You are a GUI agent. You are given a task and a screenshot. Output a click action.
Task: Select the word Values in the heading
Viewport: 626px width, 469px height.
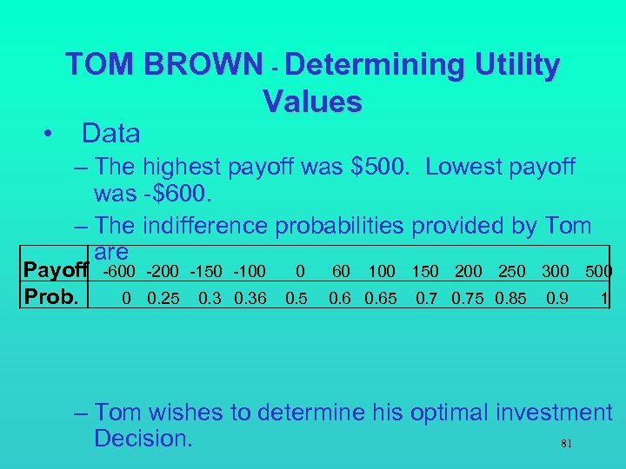point(312,102)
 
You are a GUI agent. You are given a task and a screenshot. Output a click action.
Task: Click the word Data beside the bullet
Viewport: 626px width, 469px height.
point(110,134)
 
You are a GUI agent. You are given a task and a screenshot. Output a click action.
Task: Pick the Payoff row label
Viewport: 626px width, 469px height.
point(56,273)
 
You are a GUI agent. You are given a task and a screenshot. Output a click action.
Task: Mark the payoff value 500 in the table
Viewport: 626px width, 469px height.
point(598,273)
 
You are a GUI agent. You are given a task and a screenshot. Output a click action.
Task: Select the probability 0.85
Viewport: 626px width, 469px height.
point(510,299)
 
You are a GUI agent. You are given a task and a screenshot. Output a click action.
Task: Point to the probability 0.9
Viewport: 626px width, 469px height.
point(556,299)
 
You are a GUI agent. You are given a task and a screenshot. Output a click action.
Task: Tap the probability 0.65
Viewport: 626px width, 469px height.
point(380,299)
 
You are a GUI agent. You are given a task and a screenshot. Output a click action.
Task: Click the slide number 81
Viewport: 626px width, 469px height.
point(566,444)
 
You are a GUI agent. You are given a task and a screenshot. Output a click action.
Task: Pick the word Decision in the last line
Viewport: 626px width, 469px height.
point(143,439)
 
